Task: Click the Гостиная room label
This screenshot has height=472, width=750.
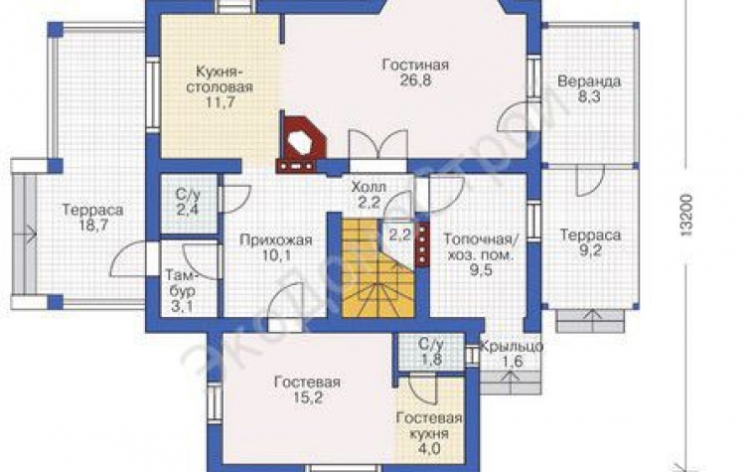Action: [x=415, y=65]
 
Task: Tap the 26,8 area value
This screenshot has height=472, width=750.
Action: [x=415, y=79]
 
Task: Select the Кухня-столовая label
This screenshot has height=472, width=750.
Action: [x=225, y=79]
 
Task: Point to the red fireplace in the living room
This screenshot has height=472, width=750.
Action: [x=302, y=142]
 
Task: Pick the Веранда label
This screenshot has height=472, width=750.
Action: [x=589, y=80]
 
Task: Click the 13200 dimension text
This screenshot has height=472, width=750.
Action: [x=685, y=215]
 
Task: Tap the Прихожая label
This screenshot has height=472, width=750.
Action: [x=276, y=239]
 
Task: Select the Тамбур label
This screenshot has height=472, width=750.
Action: [x=181, y=283]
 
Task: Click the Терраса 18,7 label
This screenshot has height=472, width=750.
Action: [x=92, y=218]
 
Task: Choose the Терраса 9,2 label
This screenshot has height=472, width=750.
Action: [x=590, y=242]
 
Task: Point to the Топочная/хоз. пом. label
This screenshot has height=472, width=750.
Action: [x=480, y=246]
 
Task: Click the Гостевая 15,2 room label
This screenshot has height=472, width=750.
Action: [x=307, y=390]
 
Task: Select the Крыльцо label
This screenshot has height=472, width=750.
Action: [x=511, y=346]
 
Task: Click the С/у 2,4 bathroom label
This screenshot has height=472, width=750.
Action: [x=188, y=202]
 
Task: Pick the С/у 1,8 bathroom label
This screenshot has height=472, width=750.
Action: [x=430, y=352]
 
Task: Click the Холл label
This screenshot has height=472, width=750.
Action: [x=369, y=186]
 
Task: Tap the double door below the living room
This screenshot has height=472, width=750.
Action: [x=377, y=144]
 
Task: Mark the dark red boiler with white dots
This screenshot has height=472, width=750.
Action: [x=422, y=243]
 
